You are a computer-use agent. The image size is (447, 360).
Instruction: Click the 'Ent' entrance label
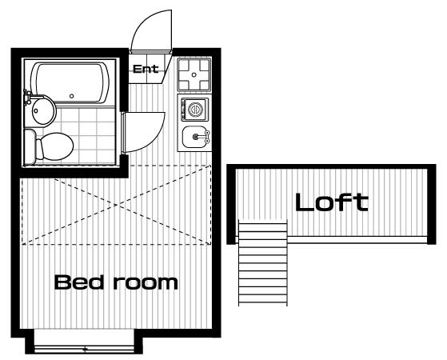146,69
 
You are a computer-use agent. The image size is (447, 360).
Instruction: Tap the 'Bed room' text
116,282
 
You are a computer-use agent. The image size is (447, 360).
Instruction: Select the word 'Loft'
332,202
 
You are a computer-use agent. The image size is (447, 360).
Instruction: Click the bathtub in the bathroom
70,82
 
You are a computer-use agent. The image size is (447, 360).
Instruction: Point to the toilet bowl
54,146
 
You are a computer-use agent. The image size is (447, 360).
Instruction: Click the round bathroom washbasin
43,110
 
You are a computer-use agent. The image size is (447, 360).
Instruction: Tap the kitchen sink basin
194,137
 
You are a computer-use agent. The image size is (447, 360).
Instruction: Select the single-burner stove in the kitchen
194,110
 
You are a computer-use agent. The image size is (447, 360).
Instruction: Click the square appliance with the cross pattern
194,74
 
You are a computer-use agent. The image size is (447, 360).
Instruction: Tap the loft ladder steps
262,262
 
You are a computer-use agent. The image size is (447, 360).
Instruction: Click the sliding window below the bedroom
84,349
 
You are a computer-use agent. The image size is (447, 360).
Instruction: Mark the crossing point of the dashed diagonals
117,205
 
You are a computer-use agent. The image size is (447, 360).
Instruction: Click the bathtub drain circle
71,96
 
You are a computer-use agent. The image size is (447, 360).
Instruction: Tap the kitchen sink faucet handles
208,137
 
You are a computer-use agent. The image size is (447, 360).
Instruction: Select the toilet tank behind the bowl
30,147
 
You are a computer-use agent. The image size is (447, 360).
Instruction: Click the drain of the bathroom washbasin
36,110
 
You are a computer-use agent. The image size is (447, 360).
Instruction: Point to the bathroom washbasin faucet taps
27,97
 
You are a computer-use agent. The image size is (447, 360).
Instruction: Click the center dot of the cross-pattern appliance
194,74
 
